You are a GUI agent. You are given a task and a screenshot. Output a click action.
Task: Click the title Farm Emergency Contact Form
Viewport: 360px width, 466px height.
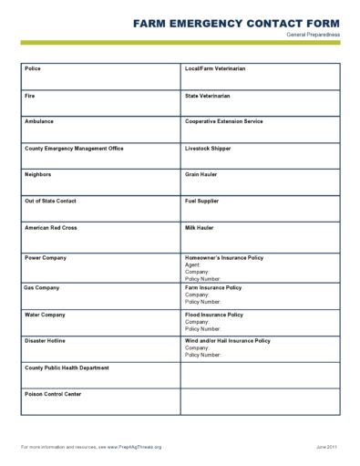pos(236,22)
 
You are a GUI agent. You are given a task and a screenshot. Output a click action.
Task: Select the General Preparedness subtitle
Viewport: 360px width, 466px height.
pos(313,34)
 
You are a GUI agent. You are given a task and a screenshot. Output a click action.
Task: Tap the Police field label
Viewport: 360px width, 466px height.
pos(33,68)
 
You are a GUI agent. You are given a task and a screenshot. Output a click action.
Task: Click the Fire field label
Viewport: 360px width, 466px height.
pos(30,95)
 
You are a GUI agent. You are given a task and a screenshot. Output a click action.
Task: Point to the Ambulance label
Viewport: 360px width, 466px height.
pos(39,121)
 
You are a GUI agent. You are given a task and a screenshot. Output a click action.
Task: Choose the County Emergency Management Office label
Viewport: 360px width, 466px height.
pos(74,148)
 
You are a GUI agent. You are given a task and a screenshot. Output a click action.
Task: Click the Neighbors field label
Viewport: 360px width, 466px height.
pos(38,174)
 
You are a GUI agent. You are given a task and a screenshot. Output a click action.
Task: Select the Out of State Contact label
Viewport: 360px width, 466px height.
pos(50,201)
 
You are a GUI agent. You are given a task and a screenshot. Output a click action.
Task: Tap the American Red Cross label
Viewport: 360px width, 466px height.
pos(51,227)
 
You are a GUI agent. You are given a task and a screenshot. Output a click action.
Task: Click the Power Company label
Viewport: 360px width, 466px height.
pos(46,257)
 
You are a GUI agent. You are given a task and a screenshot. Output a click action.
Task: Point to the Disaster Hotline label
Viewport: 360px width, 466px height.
pos(45,340)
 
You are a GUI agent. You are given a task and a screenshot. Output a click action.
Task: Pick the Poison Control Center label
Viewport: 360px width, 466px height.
pos(53,394)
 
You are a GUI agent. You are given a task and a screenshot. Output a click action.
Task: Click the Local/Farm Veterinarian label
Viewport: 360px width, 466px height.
pos(215,68)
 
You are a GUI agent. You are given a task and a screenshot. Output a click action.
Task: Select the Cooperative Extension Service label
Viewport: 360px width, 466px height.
pos(223,121)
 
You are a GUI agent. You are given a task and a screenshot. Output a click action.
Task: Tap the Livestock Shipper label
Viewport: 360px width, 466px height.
pos(207,148)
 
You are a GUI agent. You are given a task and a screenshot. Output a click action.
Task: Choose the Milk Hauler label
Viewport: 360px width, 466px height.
pos(201,227)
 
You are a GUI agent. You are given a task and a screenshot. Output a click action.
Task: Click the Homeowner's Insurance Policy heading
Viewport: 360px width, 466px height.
pos(224,257)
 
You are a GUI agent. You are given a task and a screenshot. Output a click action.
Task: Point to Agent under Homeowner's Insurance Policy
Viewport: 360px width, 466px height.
pos(193,264)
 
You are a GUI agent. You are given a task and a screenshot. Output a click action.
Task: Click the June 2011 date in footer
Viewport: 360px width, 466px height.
pos(327,447)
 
